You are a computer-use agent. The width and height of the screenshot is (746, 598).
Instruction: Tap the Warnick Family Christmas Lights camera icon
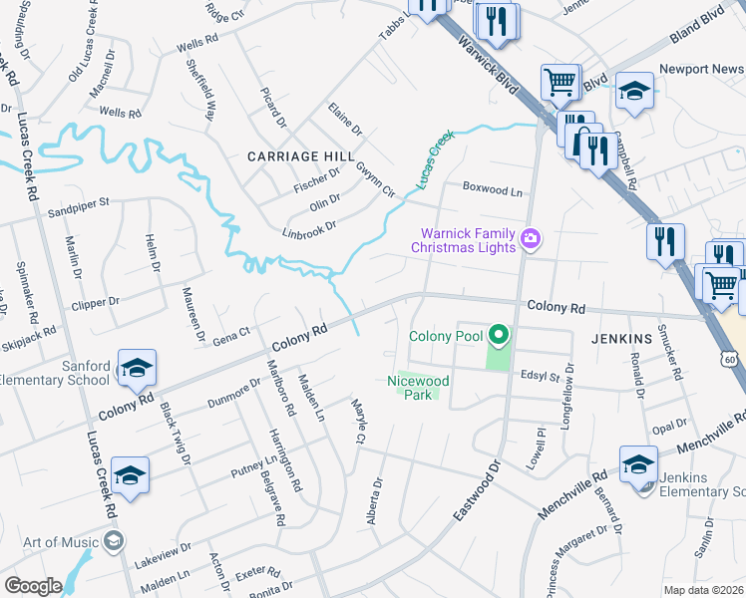[532, 238]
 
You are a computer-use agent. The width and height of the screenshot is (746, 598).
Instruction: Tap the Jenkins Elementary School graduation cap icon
[638, 463]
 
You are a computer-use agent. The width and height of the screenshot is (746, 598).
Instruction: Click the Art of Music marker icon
[114, 542]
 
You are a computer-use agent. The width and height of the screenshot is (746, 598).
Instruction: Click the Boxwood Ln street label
[493, 189]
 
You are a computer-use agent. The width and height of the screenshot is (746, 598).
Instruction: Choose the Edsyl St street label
[544, 375]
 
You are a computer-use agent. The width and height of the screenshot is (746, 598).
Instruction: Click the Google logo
[33, 586]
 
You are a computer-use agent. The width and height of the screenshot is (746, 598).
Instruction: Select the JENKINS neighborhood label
[620, 339]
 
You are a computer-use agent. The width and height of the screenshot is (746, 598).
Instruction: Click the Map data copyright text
[704, 590]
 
